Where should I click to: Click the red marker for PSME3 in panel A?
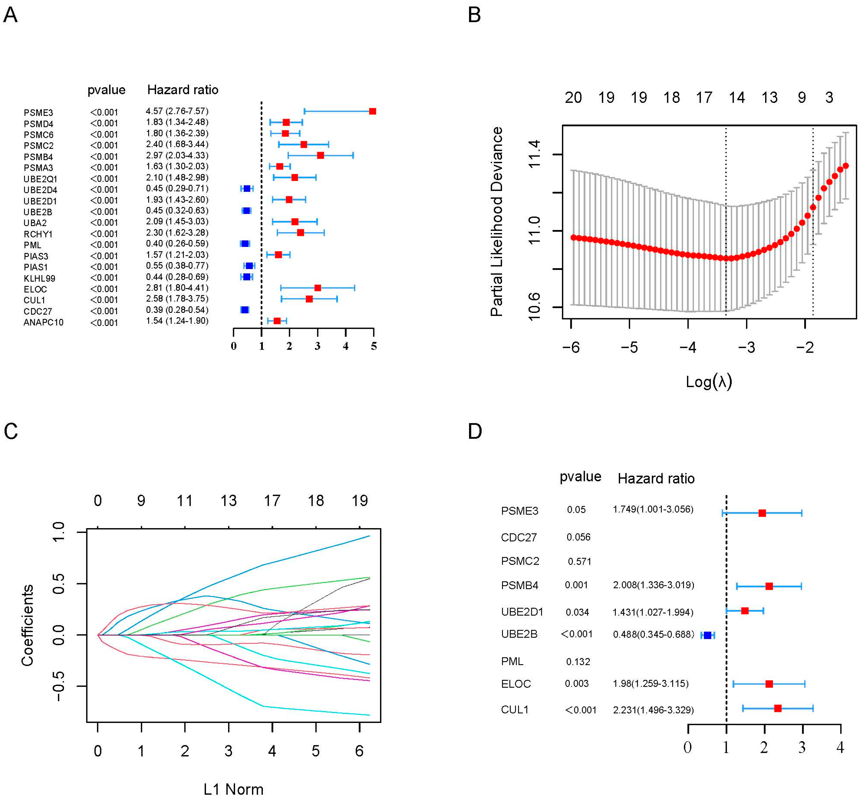372,112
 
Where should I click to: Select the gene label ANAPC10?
44,322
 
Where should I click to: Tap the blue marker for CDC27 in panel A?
244,310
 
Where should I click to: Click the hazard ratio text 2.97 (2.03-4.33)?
177,155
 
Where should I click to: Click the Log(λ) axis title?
709,381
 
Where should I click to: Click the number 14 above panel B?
737,98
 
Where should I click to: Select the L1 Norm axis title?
233,789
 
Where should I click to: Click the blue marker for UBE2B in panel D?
707,635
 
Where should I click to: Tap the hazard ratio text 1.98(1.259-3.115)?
651,684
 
